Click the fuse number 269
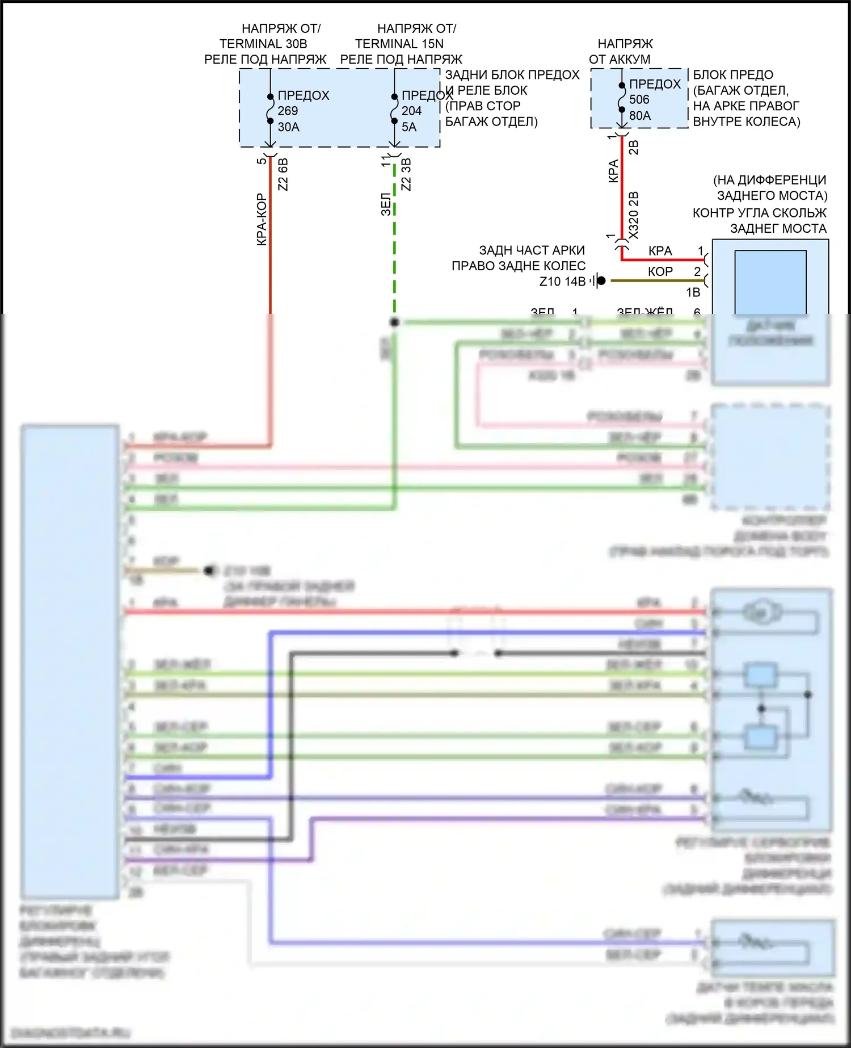coord(288,111)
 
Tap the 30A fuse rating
coord(288,127)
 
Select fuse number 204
coord(411,111)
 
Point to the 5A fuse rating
coord(409,127)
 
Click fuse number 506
coord(639,99)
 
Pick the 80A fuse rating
coord(640,115)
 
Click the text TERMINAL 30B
coord(263,44)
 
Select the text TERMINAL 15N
coord(399,44)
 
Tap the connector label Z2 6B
coord(283,174)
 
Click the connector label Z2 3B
coord(406,174)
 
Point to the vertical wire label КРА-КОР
coord(262,220)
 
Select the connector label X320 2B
coord(634,216)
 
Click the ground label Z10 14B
coord(562,281)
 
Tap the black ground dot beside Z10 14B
coord(601,280)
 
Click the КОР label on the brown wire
coord(660,271)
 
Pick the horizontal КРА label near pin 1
coord(660,251)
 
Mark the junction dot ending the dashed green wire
coord(394,322)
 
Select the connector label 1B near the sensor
coord(693,292)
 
